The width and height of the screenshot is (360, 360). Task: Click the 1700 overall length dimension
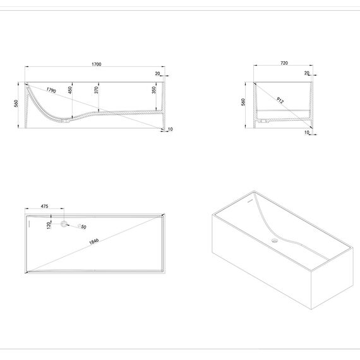97,64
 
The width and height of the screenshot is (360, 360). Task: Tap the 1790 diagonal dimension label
51,90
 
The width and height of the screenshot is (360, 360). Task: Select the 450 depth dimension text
70,90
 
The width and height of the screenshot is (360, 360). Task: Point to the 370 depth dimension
97,90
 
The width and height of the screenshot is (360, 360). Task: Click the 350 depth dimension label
154,90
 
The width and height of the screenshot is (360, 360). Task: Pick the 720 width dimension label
284,63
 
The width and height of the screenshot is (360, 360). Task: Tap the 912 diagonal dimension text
280,100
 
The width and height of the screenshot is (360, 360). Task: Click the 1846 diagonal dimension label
94,241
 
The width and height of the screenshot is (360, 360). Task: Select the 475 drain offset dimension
45,206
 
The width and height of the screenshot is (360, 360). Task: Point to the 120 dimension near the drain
49,225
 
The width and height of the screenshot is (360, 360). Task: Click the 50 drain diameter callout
83,227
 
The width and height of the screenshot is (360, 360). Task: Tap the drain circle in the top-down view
64,224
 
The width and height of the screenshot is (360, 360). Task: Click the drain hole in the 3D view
275,241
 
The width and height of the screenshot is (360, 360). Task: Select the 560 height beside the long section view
16,104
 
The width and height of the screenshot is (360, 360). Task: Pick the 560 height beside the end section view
243,102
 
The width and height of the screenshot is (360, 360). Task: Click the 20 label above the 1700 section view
157,74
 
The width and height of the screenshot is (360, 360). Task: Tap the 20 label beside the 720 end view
307,73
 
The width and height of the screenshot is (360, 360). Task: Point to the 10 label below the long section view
170,129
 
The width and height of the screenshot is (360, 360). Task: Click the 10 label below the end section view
307,132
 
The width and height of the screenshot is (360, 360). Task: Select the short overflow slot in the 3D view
250,201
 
